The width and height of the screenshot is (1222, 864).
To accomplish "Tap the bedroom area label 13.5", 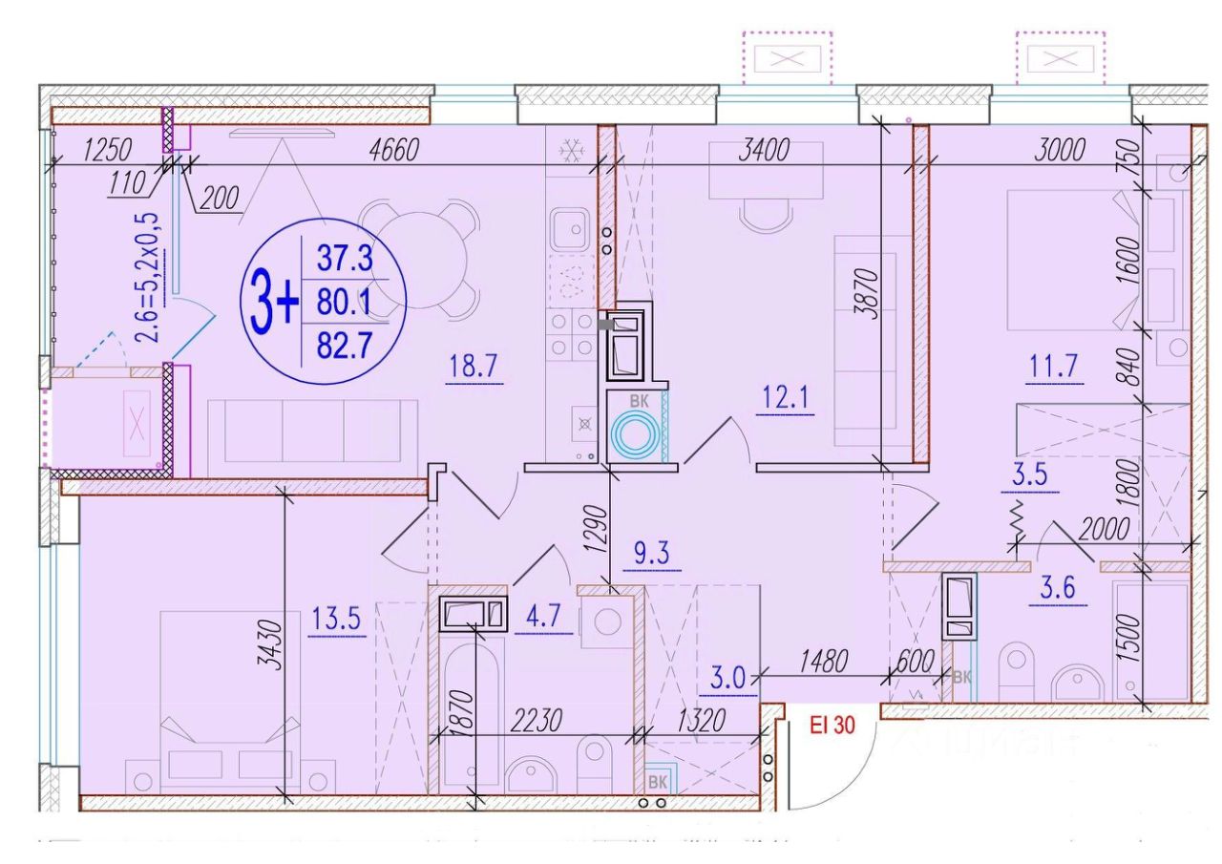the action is (x=337, y=620).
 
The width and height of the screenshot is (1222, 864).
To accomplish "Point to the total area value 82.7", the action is (x=344, y=344).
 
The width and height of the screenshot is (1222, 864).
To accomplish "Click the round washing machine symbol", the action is (x=635, y=435).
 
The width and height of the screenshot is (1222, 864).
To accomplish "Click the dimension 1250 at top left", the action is (x=107, y=150).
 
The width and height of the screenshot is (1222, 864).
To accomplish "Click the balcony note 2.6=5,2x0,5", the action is (x=150, y=277).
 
